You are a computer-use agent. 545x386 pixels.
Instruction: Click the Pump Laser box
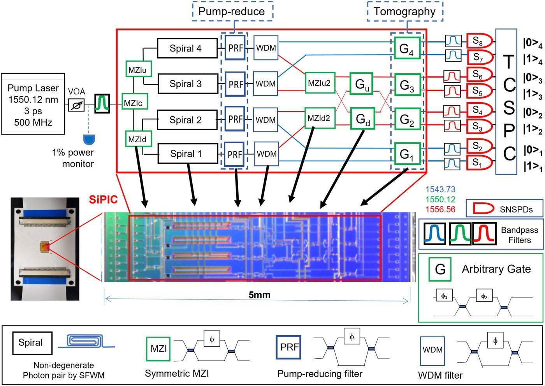[x=33, y=103]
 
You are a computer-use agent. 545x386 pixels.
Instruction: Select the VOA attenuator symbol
[x=76, y=104]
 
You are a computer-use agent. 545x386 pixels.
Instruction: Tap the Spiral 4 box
[x=187, y=49]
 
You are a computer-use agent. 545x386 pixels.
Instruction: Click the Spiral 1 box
[x=187, y=154]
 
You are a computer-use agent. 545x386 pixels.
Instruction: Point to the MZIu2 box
[x=319, y=83]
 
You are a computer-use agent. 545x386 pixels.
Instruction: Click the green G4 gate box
[x=407, y=49]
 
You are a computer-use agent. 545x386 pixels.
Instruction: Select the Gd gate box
[x=362, y=119]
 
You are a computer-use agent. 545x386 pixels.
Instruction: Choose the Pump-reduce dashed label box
[x=232, y=11]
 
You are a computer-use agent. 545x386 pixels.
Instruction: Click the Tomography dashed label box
[x=404, y=11]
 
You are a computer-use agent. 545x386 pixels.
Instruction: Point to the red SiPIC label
[x=103, y=199]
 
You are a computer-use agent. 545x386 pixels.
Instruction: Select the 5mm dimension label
[x=259, y=294]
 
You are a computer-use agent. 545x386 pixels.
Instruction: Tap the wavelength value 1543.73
[x=440, y=190]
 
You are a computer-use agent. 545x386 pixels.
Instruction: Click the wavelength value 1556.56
[x=440, y=209]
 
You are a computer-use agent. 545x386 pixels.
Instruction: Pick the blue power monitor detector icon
[x=90, y=138]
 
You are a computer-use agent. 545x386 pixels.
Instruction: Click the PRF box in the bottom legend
[x=289, y=347]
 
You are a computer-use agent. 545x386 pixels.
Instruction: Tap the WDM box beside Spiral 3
[x=266, y=83]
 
